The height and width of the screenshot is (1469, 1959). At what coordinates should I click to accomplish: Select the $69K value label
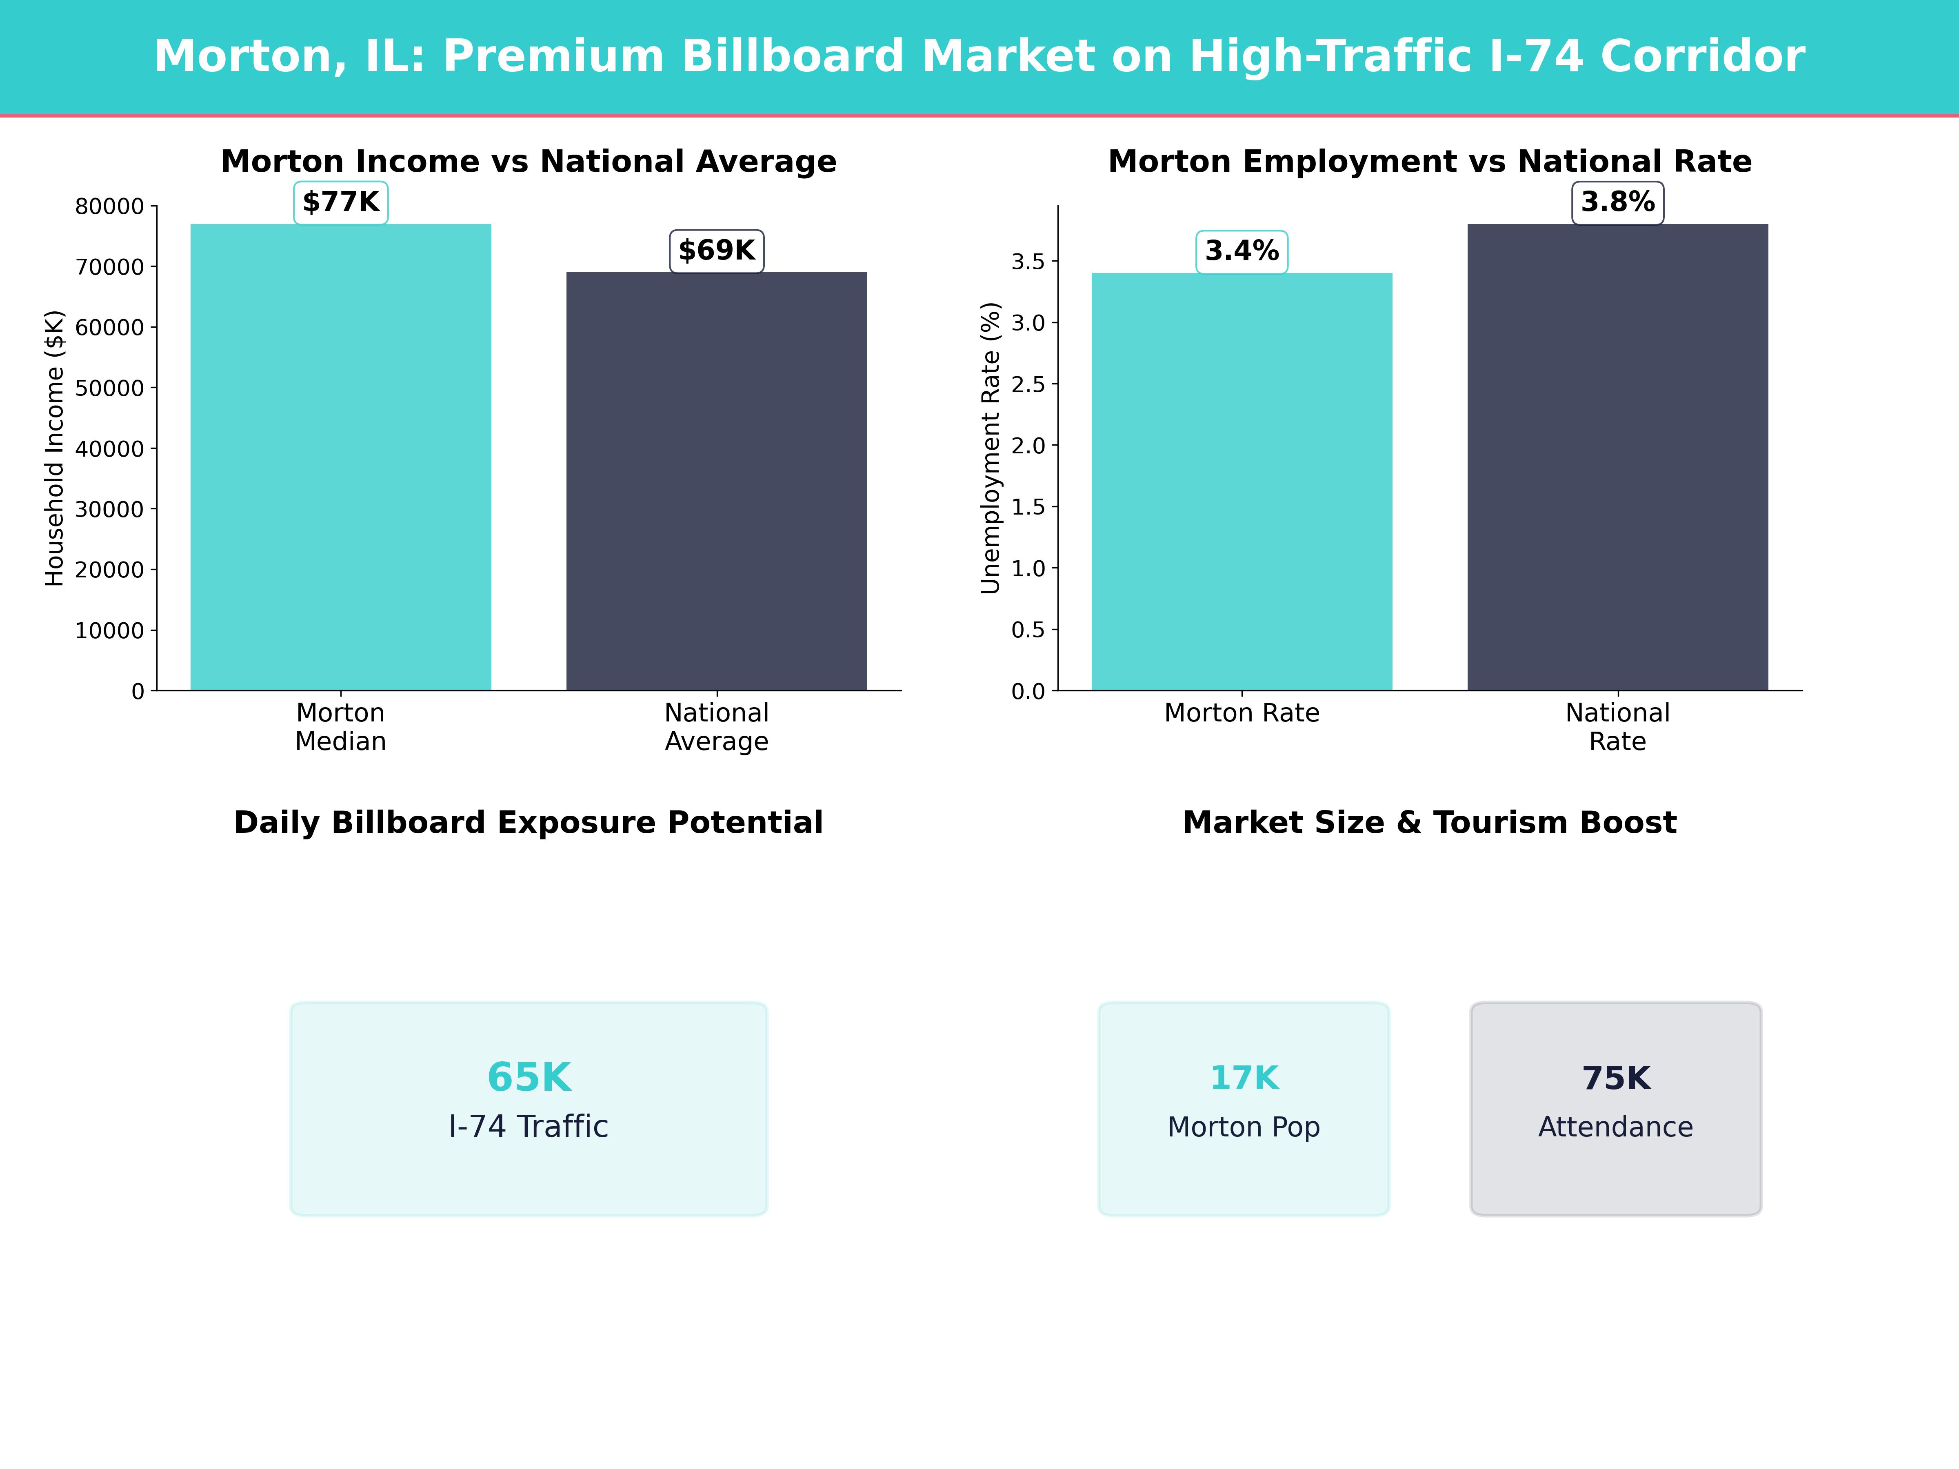pyautogui.click(x=717, y=251)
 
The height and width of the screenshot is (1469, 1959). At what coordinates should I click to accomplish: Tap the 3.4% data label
pyautogui.click(x=1242, y=251)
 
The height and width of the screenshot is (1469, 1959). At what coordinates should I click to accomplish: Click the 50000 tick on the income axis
pyautogui.click(x=109, y=388)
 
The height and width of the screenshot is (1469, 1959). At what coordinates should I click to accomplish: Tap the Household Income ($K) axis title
pyautogui.click(x=55, y=448)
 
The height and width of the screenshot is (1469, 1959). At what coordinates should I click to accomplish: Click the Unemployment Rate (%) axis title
pyautogui.click(x=990, y=448)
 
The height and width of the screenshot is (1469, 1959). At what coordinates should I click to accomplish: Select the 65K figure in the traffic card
pyautogui.click(x=529, y=1078)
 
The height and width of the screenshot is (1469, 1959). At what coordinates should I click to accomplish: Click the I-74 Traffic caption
pyautogui.click(x=529, y=1126)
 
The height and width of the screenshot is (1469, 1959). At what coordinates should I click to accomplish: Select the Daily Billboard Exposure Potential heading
pyautogui.click(x=529, y=823)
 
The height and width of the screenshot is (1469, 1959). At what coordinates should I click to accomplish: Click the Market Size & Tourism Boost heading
pyautogui.click(x=1429, y=823)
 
